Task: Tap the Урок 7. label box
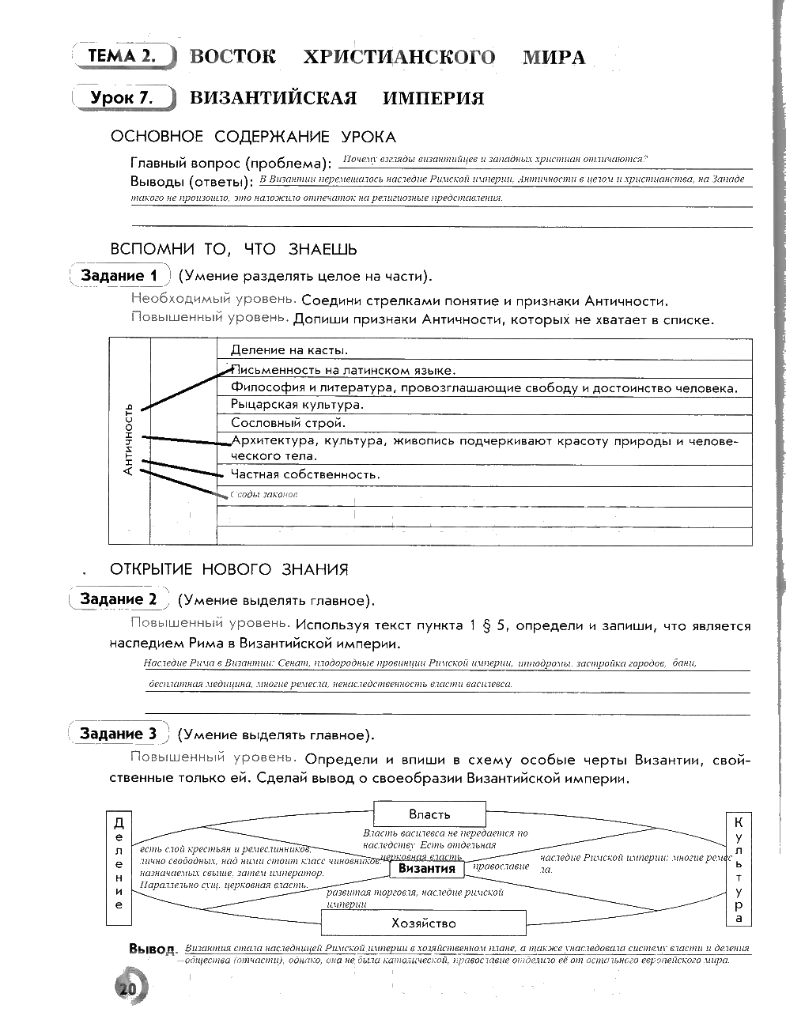coord(122,98)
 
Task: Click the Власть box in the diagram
coord(429,814)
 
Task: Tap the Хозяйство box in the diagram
coord(424,923)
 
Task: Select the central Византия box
coord(427,868)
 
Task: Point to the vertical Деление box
coord(119,867)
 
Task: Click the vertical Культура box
coord(739,867)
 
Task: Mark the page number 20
coord(127,988)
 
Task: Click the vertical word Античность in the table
coord(128,440)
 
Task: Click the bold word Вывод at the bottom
coord(151,949)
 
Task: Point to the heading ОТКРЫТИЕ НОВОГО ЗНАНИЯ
coord(229,569)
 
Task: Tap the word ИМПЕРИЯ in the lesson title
coord(433,98)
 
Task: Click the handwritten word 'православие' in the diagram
coord(501,866)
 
